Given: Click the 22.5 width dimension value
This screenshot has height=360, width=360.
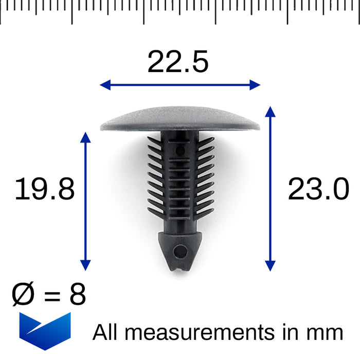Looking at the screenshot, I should pyautogui.click(x=178, y=62).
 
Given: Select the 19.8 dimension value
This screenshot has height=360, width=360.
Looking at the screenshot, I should pyautogui.click(x=45, y=189).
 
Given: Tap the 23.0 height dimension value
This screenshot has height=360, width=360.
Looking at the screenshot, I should pyautogui.click(x=318, y=189).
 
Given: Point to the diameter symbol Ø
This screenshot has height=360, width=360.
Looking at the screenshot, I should pyautogui.click(x=23, y=295).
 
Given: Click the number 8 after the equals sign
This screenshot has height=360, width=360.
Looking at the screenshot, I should pyautogui.click(x=77, y=295).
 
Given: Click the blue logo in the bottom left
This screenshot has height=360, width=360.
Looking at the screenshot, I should pyautogui.click(x=45, y=330).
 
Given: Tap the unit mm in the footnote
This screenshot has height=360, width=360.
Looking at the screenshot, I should pyautogui.click(x=326, y=333).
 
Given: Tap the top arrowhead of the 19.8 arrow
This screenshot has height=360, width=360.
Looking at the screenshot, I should pyautogui.click(x=86, y=135).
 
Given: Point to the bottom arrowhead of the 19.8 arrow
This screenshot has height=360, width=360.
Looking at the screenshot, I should pyautogui.click(x=86, y=266).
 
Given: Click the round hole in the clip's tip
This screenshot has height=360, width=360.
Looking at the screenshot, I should pyautogui.click(x=181, y=251).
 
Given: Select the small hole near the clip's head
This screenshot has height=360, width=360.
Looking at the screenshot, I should pyautogui.click(x=180, y=151).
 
